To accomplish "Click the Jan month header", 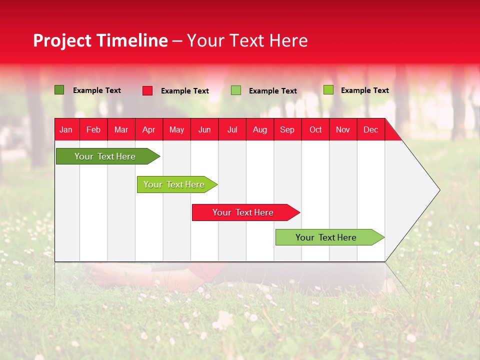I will [66, 129].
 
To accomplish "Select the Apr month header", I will [149, 129].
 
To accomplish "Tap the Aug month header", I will [260, 129].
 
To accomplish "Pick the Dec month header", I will [370, 129].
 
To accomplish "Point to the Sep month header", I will [287, 129].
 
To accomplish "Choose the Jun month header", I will [204, 129].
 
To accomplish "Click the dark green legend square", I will [59, 90].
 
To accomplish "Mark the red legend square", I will [147, 90].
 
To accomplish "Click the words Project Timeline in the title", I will [100, 40].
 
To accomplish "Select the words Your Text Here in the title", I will [247, 40].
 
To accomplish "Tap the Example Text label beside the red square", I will [184, 91].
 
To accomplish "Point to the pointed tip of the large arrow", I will [438, 190].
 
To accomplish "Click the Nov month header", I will [343, 129].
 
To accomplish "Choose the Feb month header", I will [93, 129].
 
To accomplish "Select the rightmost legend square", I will [328, 90].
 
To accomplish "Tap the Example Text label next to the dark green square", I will [96, 90].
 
